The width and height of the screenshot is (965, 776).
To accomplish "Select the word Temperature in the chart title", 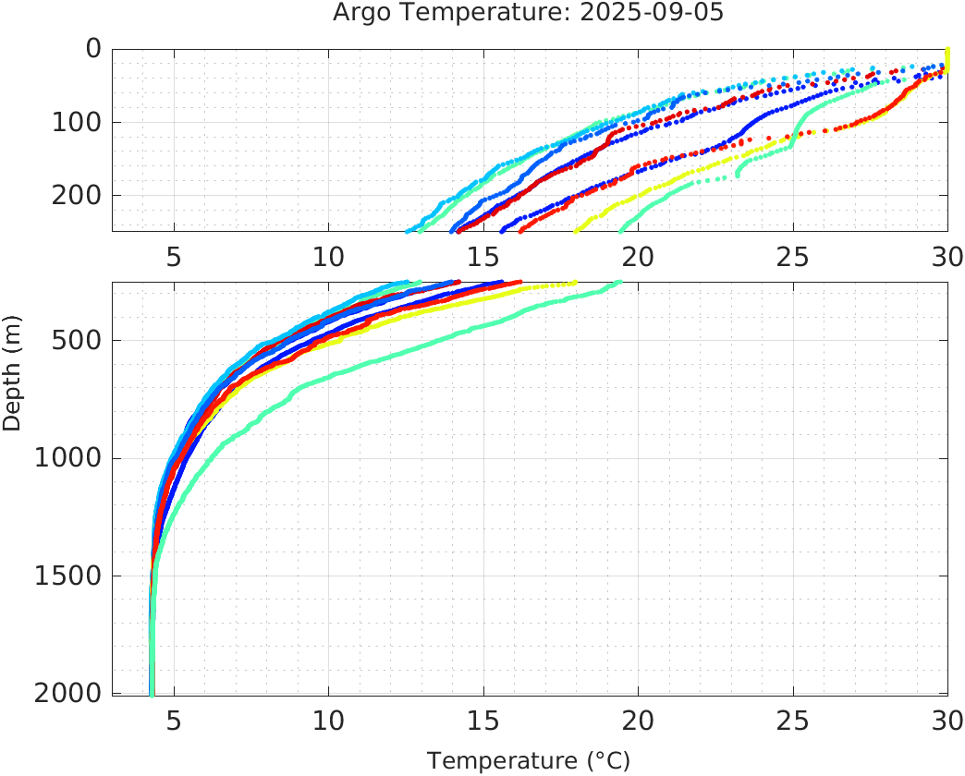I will (x=479, y=14).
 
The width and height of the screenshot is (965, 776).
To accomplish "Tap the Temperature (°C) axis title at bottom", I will (x=529, y=761).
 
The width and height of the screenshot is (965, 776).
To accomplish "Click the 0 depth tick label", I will (x=92, y=48).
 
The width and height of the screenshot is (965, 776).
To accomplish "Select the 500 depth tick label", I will (x=73, y=340).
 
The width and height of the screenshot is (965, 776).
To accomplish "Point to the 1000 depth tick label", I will (x=65, y=458).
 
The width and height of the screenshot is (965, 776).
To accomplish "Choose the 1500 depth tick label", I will (x=65, y=576).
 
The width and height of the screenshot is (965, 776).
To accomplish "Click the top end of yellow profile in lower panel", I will (x=574, y=284).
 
